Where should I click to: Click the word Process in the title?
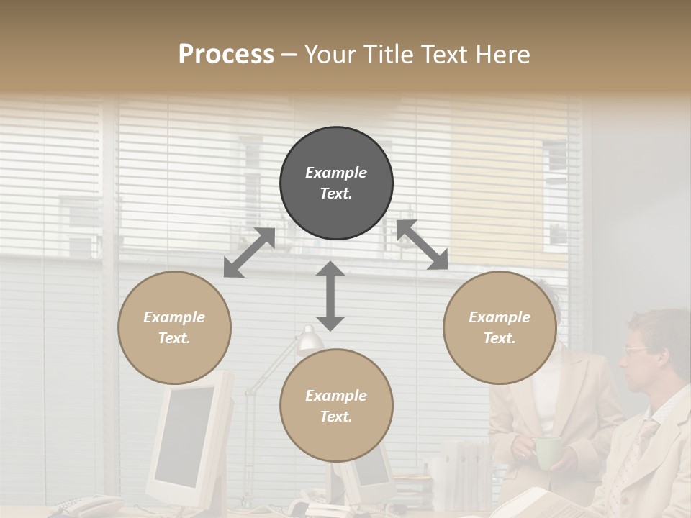coord(226,55)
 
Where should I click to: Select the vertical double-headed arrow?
coord(330,296)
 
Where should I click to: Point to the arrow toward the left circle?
coord(249,253)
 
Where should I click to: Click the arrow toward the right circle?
coord(422,245)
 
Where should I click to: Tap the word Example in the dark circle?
coord(336,173)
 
